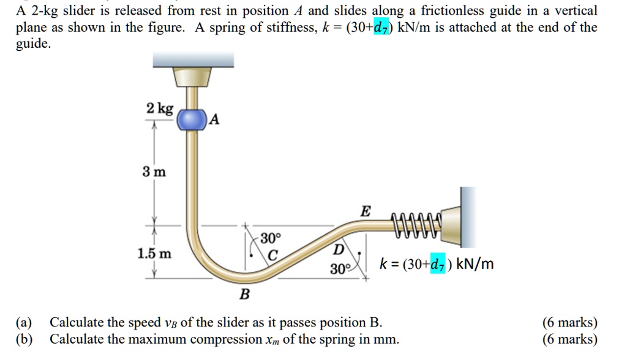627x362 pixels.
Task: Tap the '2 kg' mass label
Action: (x=160, y=109)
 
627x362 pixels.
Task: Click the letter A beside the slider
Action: (x=214, y=119)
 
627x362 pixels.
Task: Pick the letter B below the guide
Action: (x=244, y=295)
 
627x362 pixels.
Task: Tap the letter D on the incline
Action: (x=338, y=250)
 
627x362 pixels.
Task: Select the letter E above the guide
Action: (x=365, y=211)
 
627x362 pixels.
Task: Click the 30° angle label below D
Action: (x=340, y=269)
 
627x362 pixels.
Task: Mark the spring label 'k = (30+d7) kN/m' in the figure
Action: (x=436, y=264)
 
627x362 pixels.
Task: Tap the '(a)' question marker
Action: (x=25, y=323)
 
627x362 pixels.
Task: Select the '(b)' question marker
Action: (x=25, y=339)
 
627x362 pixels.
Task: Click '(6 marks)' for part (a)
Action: (x=569, y=323)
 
